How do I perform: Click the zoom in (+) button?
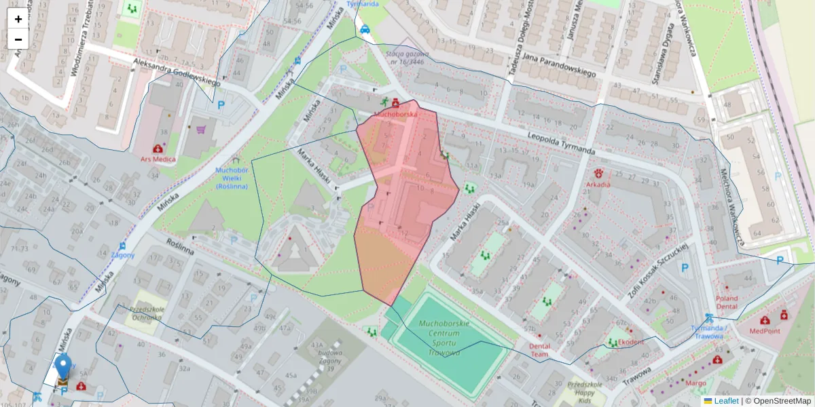(18, 19)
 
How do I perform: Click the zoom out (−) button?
(18, 39)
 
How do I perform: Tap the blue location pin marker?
(63, 367)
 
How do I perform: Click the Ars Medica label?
(158, 159)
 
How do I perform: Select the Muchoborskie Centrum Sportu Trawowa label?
(444, 338)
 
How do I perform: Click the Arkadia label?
(598, 184)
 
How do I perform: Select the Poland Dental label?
(726, 302)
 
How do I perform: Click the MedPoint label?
(765, 330)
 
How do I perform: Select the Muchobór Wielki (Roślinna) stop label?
(231, 178)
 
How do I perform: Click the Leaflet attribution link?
(726, 401)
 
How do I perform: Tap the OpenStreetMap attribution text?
(781, 401)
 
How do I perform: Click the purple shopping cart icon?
(201, 129)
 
